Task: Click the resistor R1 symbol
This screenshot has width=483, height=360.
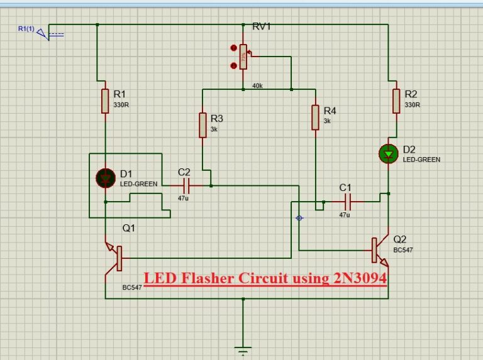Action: tap(105, 101)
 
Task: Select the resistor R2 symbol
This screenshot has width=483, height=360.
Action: tap(396, 101)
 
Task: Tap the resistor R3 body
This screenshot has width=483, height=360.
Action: tap(203, 125)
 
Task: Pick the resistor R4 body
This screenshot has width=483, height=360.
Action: tap(315, 117)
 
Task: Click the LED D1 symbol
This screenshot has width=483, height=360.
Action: tap(105, 178)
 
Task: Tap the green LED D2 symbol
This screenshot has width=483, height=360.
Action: tap(389, 153)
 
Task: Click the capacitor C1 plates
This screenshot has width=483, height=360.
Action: tap(345, 202)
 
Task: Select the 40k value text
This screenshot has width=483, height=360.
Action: tap(257, 85)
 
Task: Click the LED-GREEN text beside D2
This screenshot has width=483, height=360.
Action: tap(421, 160)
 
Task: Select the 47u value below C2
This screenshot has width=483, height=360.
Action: tap(183, 198)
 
